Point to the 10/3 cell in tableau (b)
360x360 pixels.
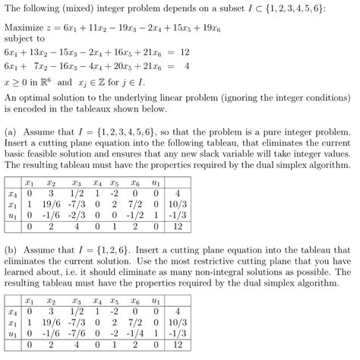pos(176,322)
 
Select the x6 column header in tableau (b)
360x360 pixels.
pos(134,300)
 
